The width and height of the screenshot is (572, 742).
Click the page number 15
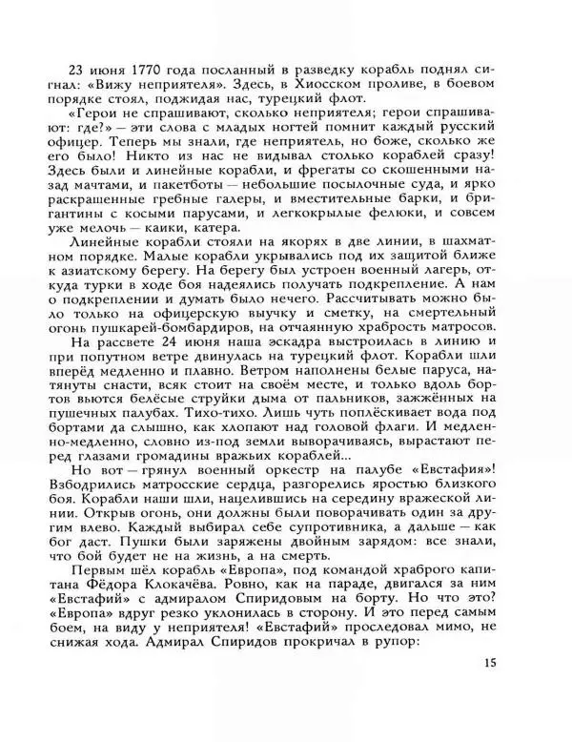490,665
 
